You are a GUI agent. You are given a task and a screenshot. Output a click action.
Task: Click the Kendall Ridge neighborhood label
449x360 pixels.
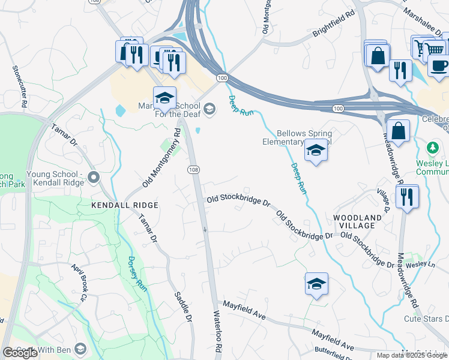(x=125, y=205)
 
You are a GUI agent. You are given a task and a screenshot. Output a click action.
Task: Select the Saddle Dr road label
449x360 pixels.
(x=183, y=305)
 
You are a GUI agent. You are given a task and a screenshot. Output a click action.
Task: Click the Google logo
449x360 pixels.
(x=20, y=353)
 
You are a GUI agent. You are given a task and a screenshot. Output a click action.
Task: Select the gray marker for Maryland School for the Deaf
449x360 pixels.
(x=209, y=108)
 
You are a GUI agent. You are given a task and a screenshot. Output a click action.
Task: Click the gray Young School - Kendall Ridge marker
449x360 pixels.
(x=93, y=177)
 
